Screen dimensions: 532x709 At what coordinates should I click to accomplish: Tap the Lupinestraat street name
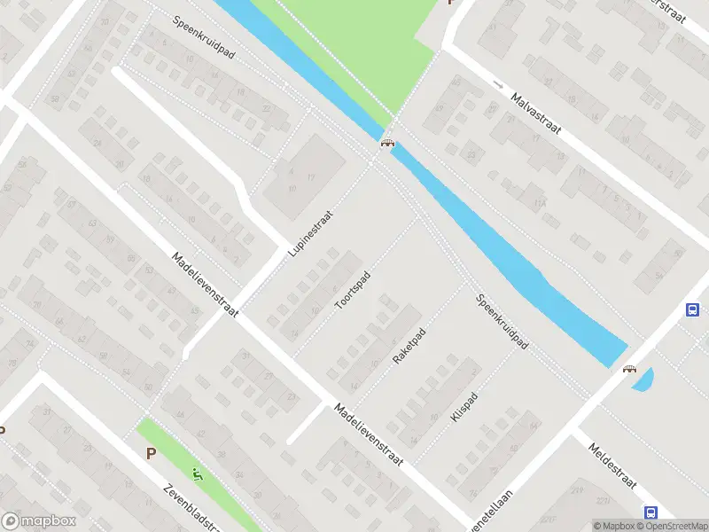[x=309, y=233]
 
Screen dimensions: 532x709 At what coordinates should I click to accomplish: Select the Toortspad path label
[x=352, y=290]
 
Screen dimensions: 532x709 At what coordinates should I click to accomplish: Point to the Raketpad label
[x=409, y=347]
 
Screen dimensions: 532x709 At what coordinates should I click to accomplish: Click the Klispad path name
[x=464, y=406]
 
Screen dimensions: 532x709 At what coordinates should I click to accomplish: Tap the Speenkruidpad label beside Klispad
[x=502, y=321]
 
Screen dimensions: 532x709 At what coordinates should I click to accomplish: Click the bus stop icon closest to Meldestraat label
[x=651, y=512]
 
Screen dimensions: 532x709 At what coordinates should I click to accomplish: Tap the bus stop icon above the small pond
[x=692, y=309]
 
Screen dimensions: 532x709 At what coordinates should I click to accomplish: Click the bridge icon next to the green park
[x=387, y=144]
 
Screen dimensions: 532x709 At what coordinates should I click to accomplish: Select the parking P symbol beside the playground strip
[x=151, y=453]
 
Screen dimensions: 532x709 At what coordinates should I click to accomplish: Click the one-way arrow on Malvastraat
[x=498, y=85]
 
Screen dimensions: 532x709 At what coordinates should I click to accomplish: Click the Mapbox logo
[x=39, y=521]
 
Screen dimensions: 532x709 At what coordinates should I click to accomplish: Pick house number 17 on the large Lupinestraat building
[x=310, y=178]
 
